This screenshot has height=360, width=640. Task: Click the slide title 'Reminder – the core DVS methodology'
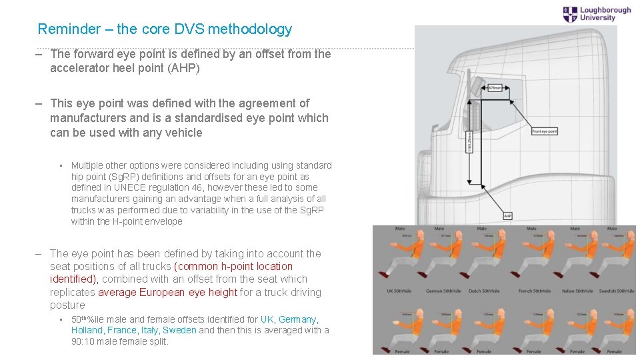[x=165, y=29]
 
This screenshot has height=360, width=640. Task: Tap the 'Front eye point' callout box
[x=545, y=131]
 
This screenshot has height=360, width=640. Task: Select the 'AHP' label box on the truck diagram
[x=508, y=215]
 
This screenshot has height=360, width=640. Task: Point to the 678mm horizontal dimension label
[x=494, y=88]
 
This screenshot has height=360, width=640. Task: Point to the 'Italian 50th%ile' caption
[x=576, y=291]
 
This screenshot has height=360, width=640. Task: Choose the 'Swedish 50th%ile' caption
[x=617, y=291]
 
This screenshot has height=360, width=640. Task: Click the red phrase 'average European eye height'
[x=167, y=292]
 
